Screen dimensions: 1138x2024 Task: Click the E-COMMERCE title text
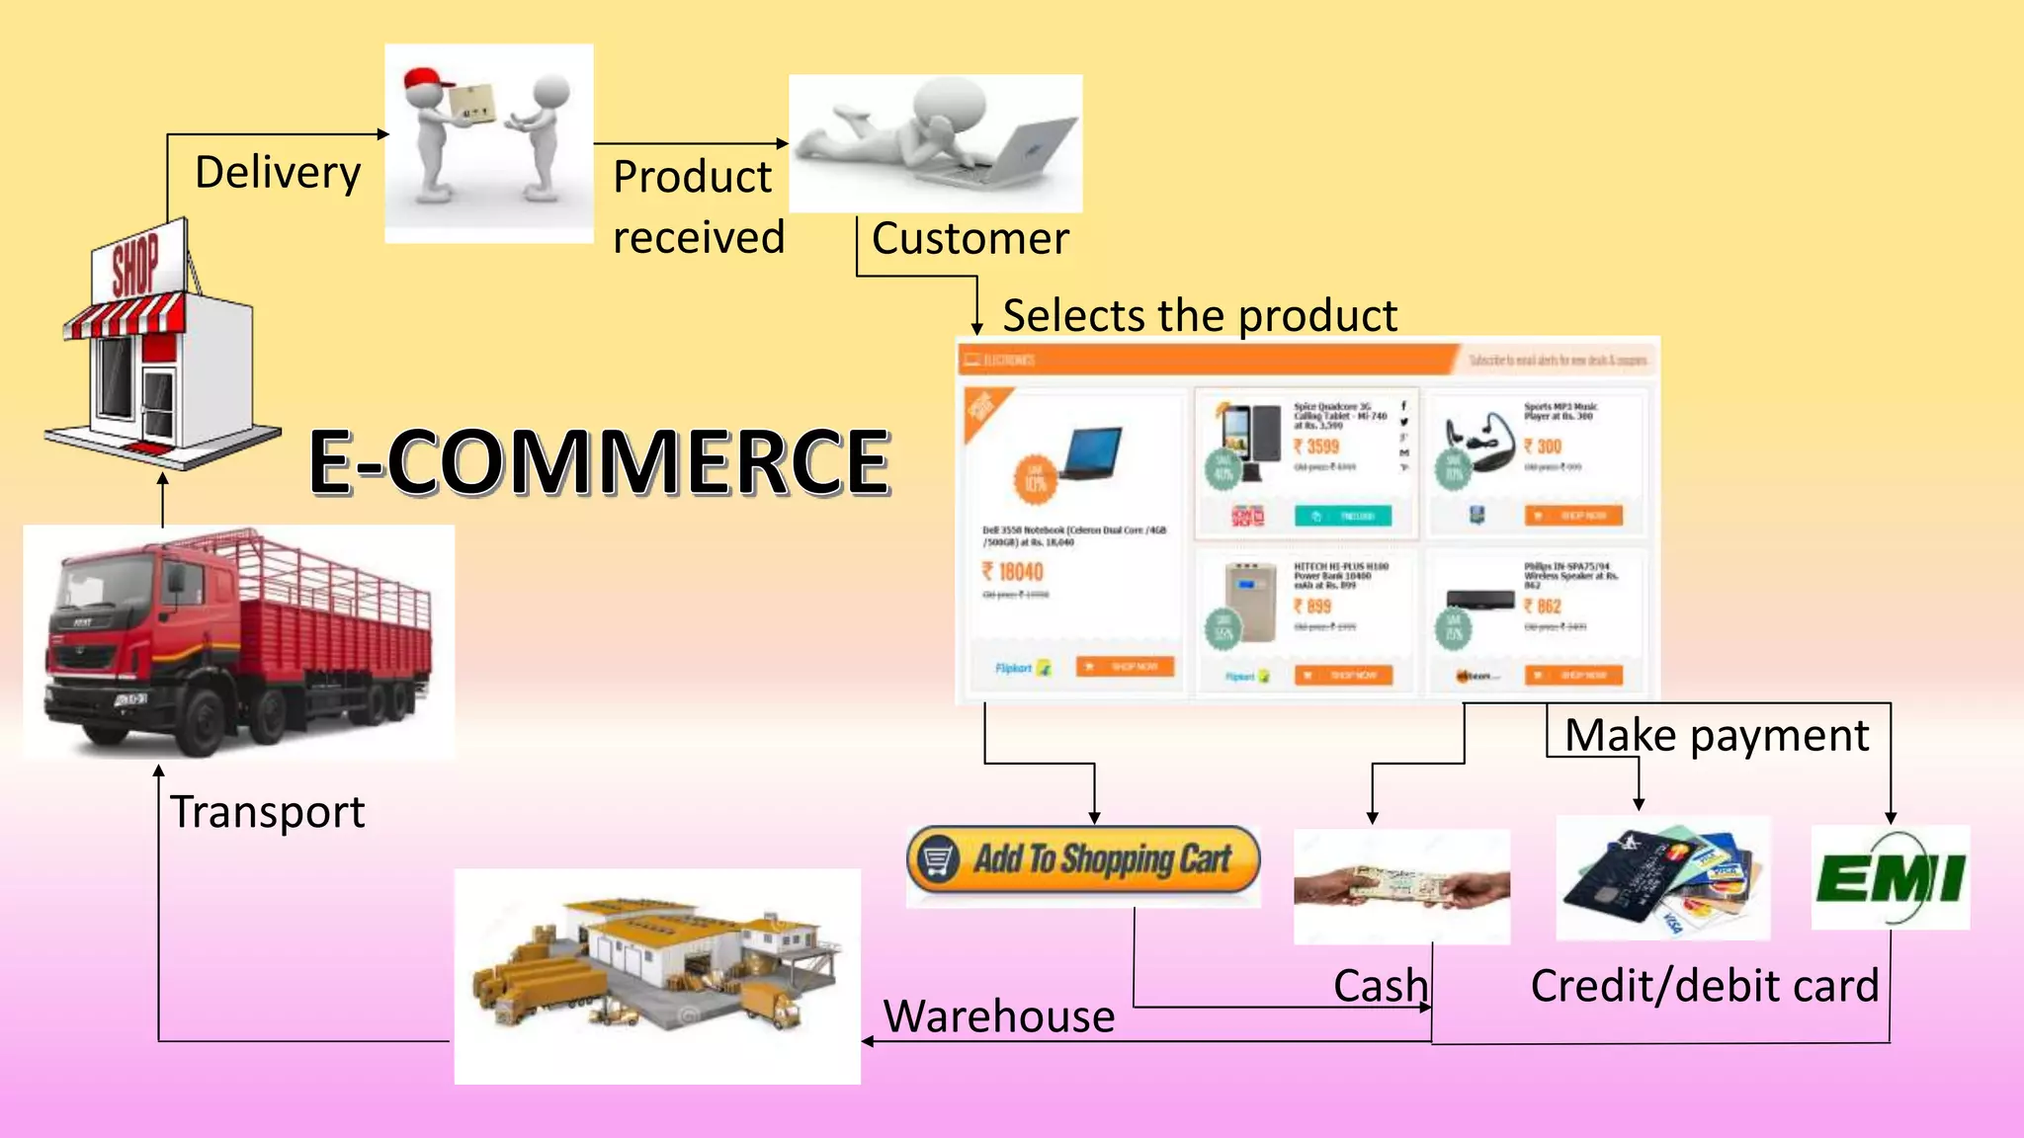(599, 461)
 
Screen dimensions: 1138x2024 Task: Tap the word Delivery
(278, 173)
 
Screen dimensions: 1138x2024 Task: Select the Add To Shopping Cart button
(1083, 859)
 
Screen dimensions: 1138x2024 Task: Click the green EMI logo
(1890, 878)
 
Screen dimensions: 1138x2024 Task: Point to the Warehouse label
(999, 1016)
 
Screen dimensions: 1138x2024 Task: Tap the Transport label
(268, 812)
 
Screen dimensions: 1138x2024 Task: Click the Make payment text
(1717, 736)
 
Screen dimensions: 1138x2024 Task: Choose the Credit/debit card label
(1704, 986)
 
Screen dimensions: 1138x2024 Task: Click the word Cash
(1380, 986)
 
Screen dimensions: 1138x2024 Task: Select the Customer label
(970, 239)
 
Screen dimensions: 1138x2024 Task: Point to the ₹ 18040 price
(1013, 572)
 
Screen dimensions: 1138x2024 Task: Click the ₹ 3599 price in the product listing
(1316, 447)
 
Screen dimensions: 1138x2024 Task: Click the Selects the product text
(1199, 316)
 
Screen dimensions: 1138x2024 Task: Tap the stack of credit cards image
(1662, 878)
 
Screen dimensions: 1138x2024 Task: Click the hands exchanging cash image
(1401, 886)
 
